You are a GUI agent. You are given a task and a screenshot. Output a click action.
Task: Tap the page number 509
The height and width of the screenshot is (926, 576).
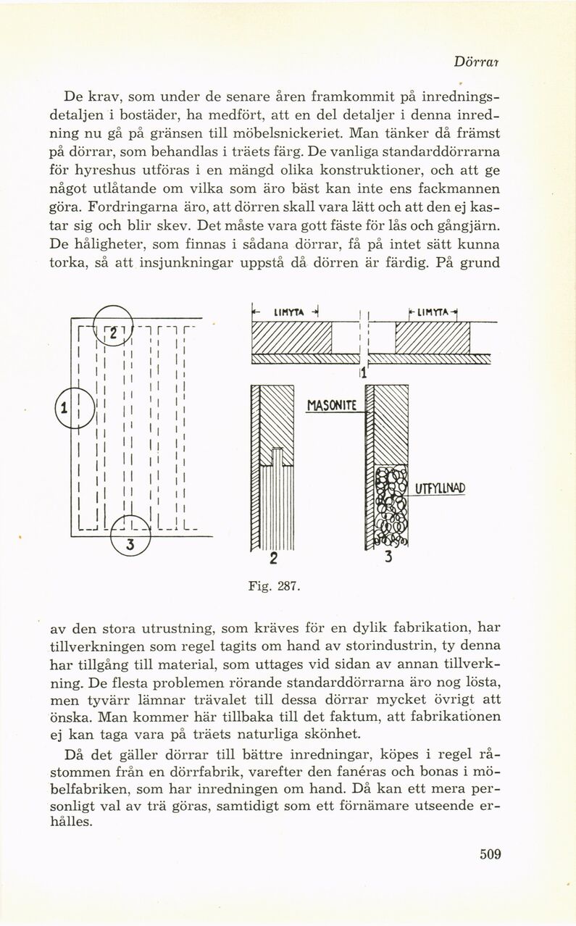[x=490, y=854]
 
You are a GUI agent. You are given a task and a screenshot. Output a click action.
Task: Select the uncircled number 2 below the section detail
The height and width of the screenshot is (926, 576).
[x=273, y=558]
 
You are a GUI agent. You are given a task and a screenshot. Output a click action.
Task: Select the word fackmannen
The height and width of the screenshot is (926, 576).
[x=460, y=190]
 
